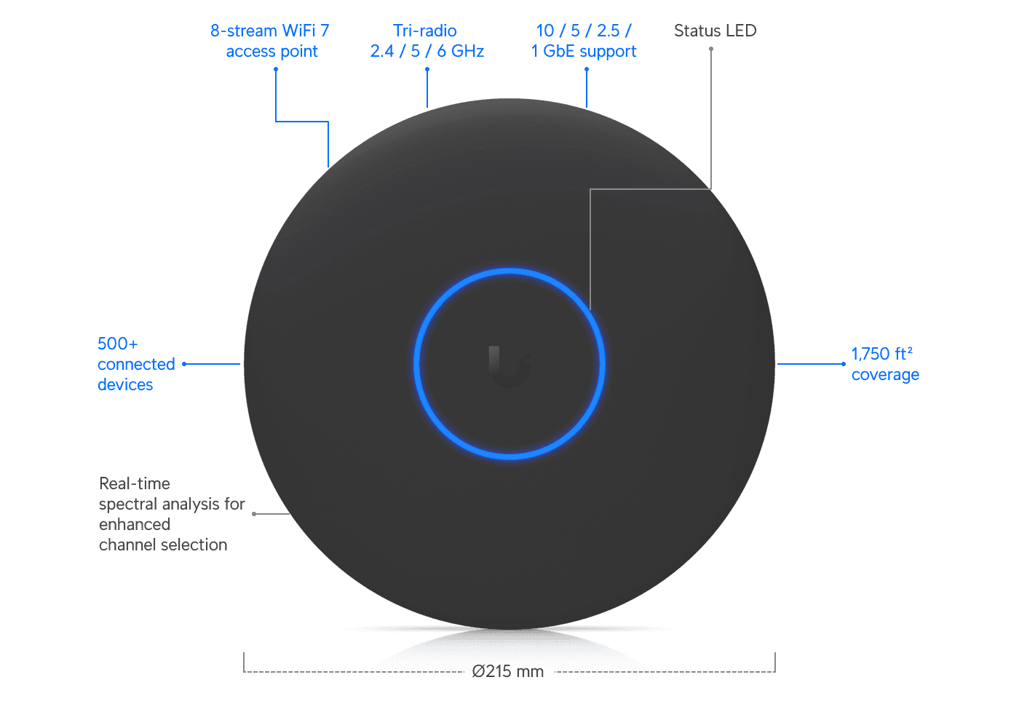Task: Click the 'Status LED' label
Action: tap(715, 31)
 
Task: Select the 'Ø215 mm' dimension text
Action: tap(508, 671)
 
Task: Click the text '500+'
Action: tap(117, 344)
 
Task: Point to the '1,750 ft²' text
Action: tap(881, 354)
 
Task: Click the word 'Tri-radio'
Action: tap(425, 31)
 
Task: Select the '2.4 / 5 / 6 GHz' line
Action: tap(427, 51)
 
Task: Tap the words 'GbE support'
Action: tap(590, 52)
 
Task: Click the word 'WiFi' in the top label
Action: tap(299, 31)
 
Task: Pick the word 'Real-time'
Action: tap(135, 483)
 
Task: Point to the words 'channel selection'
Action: tap(163, 545)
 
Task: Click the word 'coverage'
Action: tap(885, 374)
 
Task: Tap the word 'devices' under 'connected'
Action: tap(125, 384)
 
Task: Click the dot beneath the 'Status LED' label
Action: tap(711, 49)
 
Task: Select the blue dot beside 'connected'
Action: tap(184, 364)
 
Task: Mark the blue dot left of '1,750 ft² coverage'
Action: tap(844, 364)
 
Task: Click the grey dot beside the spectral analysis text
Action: tap(254, 514)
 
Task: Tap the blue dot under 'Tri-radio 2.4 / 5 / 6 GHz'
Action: tap(427, 69)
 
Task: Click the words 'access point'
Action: tap(271, 52)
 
